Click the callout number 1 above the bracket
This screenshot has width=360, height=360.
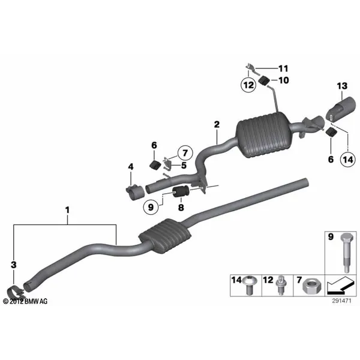pos(67,210)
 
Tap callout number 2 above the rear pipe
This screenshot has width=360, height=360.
pos(217,124)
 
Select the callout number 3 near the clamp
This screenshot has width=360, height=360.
pos(14,265)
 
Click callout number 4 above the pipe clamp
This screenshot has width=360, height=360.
pos(131,167)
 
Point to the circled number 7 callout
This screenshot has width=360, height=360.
pos(185,153)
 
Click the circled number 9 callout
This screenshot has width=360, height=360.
pos(151,208)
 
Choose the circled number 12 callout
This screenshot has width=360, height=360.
pos(248,85)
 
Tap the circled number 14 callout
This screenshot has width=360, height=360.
pos(348,160)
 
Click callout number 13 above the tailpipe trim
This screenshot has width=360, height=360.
pos(342,86)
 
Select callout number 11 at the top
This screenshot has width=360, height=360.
pos(283,68)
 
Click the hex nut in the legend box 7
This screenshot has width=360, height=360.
pos(312,287)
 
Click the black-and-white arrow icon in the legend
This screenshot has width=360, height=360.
pos(340,286)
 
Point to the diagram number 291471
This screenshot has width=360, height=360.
pos(341,301)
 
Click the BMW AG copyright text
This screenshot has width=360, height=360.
pos(25,301)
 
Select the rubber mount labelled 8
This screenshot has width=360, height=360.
pos(180,192)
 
